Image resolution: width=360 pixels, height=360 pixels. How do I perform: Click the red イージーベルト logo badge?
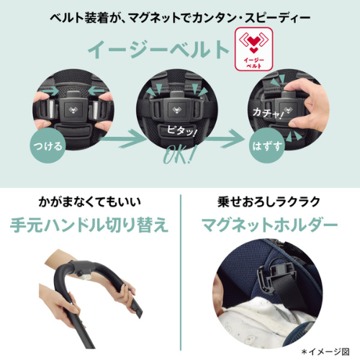pyautogui.click(x=253, y=49)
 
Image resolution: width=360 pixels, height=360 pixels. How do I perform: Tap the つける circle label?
pyautogui.click(x=48, y=145)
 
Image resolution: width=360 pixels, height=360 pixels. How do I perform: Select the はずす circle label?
pyautogui.click(x=267, y=145)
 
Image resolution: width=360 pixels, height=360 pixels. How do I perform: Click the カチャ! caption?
pyautogui.click(x=268, y=113)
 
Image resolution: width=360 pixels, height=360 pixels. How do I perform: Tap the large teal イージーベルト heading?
pyautogui.click(x=158, y=50)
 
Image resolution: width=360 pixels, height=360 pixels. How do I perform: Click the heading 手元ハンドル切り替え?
pyautogui.click(x=89, y=225)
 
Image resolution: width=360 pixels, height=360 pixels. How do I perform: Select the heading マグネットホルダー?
pyautogui.click(x=270, y=225)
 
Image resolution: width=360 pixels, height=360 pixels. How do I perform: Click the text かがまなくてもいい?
pyautogui.click(x=89, y=202)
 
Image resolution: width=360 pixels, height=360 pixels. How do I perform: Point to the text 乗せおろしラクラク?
pyautogui.click(x=269, y=202)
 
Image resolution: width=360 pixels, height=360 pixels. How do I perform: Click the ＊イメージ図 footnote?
pyautogui.click(x=325, y=352)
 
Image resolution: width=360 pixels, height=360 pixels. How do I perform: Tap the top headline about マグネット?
pyautogui.click(x=180, y=18)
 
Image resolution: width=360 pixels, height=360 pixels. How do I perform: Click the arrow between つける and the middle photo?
pyautogui.click(x=123, y=139)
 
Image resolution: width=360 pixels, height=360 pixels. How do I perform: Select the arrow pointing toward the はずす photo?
pyautogui.click(x=225, y=139)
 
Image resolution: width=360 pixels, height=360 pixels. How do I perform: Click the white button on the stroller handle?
pyautogui.click(x=86, y=276)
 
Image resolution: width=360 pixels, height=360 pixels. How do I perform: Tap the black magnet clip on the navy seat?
pyautogui.click(x=274, y=276)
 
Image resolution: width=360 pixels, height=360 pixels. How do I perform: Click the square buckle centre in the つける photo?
pyautogui.click(x=73, y=109)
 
